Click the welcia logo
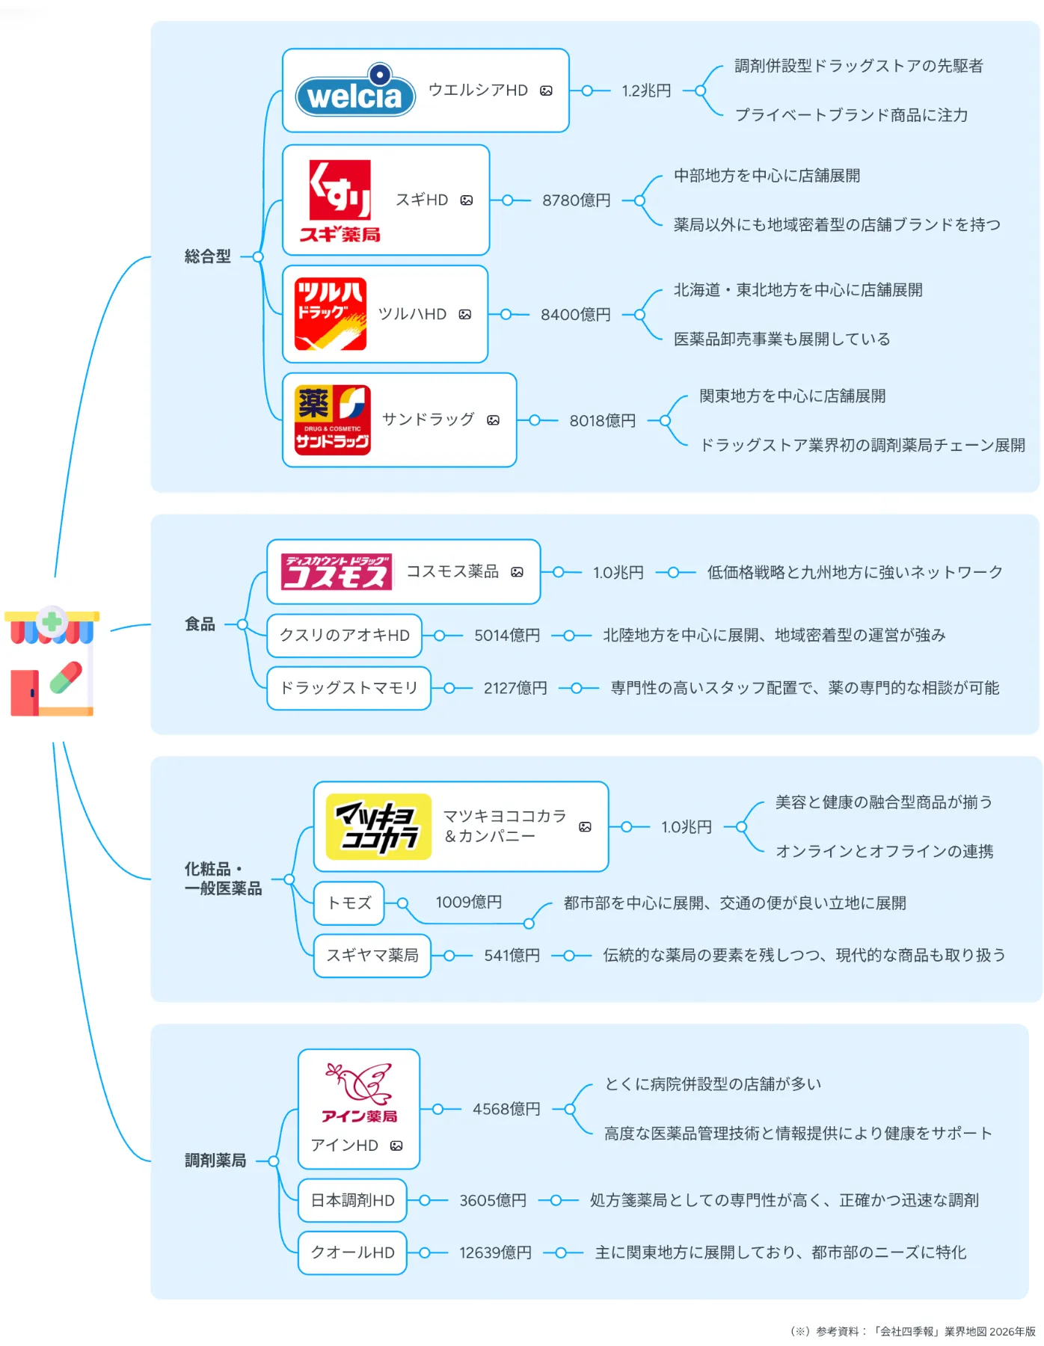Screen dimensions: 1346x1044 [x=355, y=93]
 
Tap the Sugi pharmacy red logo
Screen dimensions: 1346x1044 [x=340, y=200]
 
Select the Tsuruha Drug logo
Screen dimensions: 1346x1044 [x=331, y=314]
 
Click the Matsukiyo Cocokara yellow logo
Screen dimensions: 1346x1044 [x=379, y=826]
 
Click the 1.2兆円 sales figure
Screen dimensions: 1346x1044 [x=646, y=90]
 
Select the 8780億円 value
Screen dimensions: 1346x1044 [x=576, y=200]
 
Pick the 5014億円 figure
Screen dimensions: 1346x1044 [x=506, y=636]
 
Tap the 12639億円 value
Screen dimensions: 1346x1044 [x=495, y=1253]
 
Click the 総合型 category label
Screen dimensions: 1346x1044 [x=208, y=256]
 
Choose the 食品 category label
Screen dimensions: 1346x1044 [x=200, y=624]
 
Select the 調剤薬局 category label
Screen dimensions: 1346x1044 [x=215, y=1161]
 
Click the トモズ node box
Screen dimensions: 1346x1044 [x=349, y=903]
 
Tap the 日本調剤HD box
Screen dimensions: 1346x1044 [x=352, y=1200]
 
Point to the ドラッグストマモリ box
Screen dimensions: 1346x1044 [x=348, y=688]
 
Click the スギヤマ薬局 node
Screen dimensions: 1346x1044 [x=372, y=956]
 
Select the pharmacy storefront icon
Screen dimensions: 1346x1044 [x=52, y=661]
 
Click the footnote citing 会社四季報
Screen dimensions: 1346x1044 [x=913, y=1331]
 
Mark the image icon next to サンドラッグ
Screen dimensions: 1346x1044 [x=493, y=420]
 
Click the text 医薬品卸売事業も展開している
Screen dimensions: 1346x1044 [x=782, y=339]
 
